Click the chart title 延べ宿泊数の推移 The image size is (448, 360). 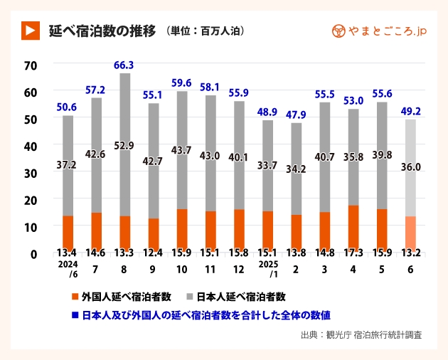coord(101,31)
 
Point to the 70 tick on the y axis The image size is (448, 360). coord(30,65)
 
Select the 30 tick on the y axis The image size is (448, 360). coord(30,173)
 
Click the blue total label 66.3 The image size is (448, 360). coord(124,65)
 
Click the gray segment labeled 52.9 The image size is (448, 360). coord(124,146)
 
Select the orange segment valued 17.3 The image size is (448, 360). coord(353,226)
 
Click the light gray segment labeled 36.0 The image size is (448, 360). coord(410,168)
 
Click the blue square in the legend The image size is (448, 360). coord(75,314)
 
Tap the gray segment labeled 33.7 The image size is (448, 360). coord(267,165)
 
